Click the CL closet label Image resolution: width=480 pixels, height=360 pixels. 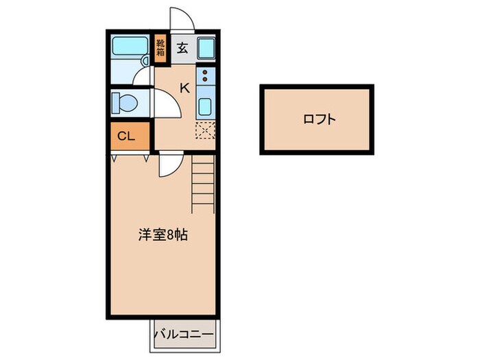(x=125, y=135)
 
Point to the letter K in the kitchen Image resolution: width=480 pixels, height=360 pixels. (x=184, y=87)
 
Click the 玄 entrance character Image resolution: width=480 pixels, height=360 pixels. (x=182, y=48)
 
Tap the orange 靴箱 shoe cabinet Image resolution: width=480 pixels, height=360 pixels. (x=160, y=49)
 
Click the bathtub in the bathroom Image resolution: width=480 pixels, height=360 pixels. (x=130, y=47)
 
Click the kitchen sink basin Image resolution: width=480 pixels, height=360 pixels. (x=205, y=106)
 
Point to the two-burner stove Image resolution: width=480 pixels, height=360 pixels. (x=205, y=75)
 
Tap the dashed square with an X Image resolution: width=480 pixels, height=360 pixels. (x=205, y=129)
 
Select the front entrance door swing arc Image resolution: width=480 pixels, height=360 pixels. (x=182, y=19)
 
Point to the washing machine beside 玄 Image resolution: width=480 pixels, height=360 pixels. (x=206, y=48)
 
